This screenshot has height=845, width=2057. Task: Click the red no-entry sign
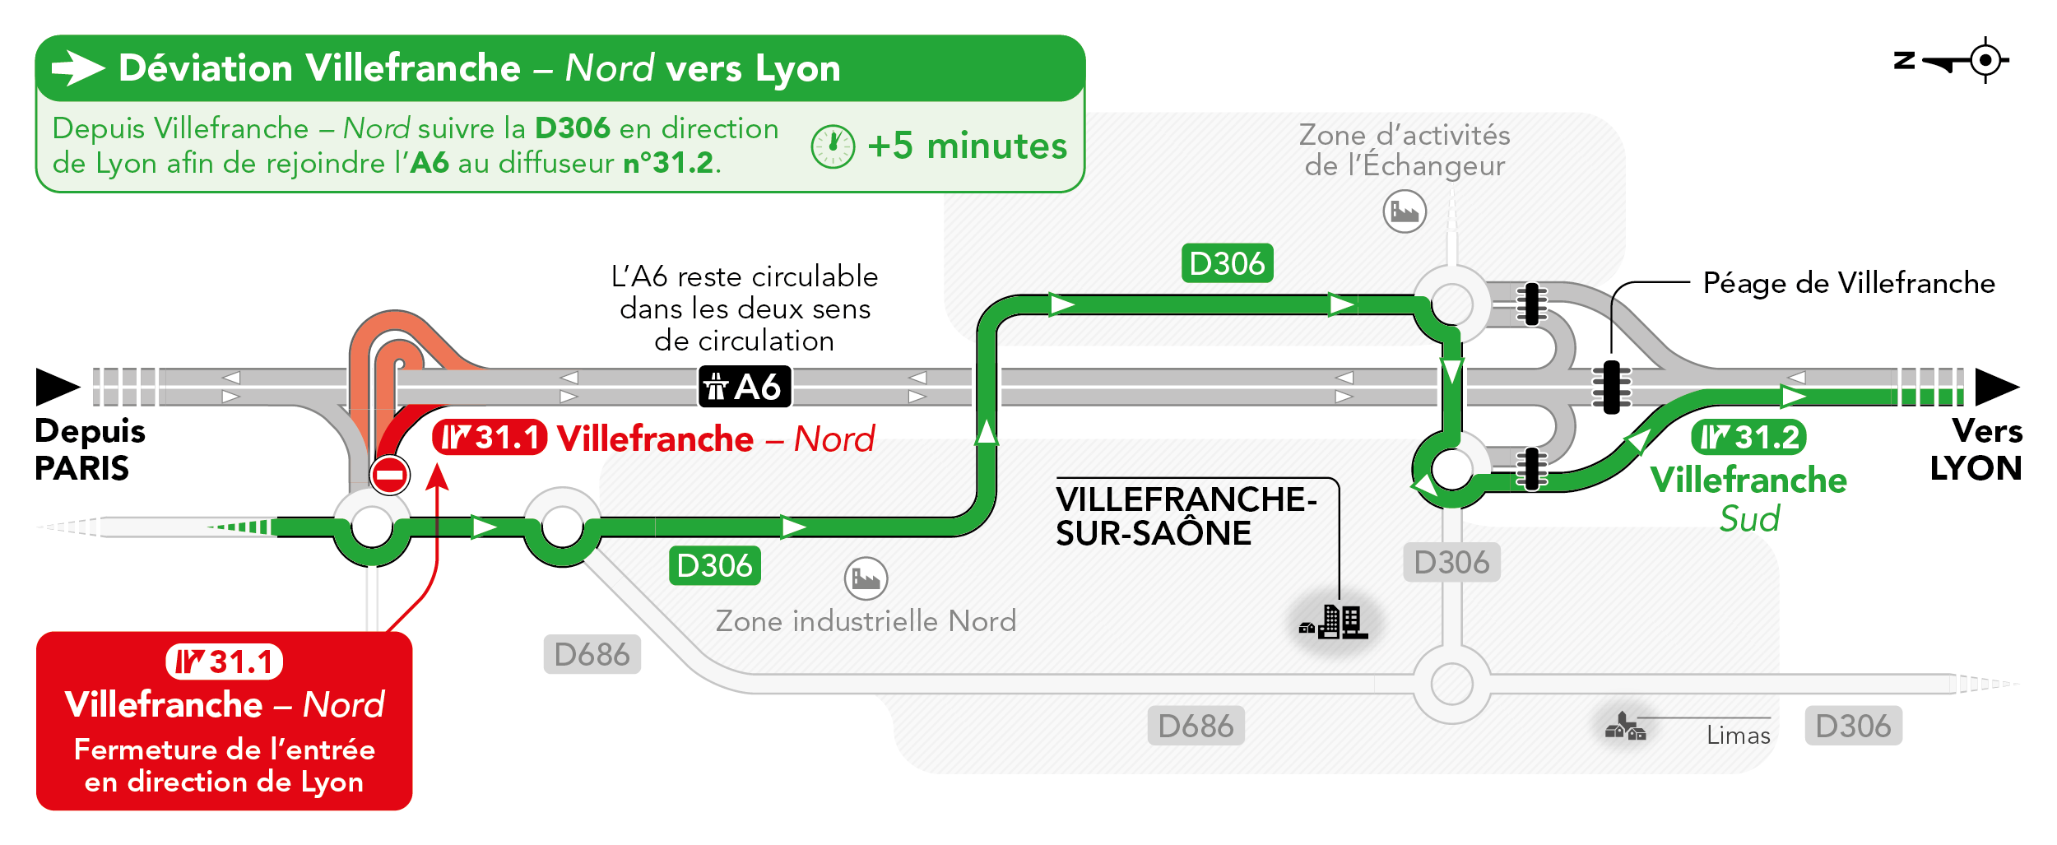[x=389, y=475]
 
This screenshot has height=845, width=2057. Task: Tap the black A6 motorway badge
[x=745, y=387]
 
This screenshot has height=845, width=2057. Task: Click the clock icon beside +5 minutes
[x=833, y=147]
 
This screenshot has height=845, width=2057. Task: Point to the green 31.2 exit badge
[x=1748, y=437]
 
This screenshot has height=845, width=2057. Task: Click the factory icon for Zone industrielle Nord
[x=866, y=578]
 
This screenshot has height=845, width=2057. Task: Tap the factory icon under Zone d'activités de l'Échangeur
[x=1405, y=211]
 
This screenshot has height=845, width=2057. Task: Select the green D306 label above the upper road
[x=1227, y=263]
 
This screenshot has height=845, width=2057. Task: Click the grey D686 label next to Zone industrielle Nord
[x=592, y=655]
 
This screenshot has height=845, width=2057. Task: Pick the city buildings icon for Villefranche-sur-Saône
[x=1334, y=623]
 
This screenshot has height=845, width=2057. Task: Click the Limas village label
[x=1738, y=735]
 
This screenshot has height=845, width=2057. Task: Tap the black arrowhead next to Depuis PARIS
[x=58, y=387]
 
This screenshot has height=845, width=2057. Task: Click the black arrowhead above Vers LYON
[x=1998, y=387]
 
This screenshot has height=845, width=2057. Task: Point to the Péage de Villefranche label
[x=1849, y=283]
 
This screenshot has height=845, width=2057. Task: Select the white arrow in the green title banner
[x=78, y=68]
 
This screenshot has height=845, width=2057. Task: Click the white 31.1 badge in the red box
[x=225, y=662]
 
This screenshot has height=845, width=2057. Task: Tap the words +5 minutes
[x=967, y=146]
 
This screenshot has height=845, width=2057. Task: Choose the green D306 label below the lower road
[x=714, y=566]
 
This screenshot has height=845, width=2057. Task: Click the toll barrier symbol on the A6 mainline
[x=1612, y=387]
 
